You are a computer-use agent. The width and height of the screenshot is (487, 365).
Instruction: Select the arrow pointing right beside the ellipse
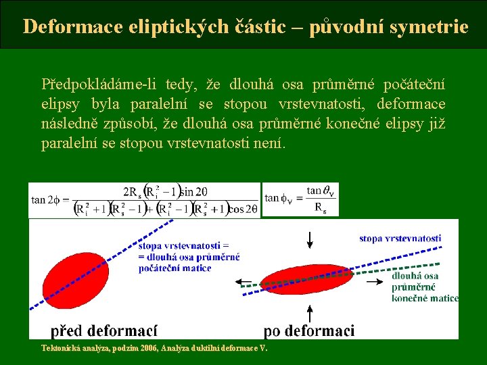[375, 278]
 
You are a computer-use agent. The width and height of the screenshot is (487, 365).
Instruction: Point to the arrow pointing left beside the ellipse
[243, 280]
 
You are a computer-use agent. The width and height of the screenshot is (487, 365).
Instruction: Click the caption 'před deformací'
[104, 331]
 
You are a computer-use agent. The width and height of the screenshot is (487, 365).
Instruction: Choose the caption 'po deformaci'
[308, 331]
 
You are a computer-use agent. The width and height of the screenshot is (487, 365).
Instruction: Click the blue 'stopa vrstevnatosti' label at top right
[400, 238]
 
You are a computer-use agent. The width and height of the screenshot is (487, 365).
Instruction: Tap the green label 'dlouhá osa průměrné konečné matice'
[425, 287]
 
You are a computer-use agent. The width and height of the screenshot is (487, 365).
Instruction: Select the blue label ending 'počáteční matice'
[189, 257]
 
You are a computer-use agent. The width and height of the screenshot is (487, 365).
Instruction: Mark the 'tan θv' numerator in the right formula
[321, 191]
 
